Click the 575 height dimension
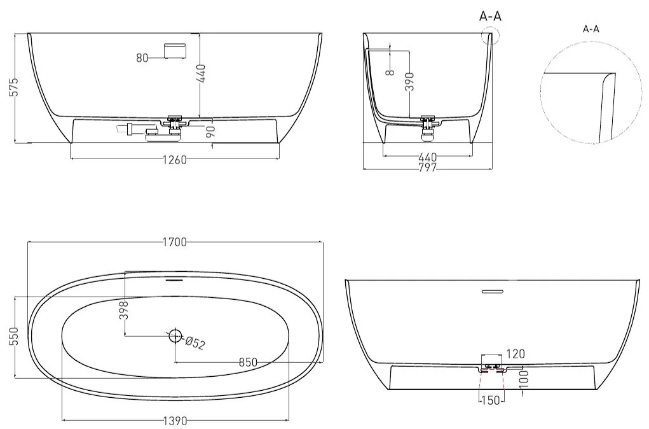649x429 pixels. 13,87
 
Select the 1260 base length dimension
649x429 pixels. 174,160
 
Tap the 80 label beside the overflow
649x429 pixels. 142,58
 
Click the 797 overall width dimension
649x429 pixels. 428,167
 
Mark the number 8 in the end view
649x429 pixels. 389,73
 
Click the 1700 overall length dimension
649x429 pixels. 175,242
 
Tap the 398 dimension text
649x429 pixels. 124,310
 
